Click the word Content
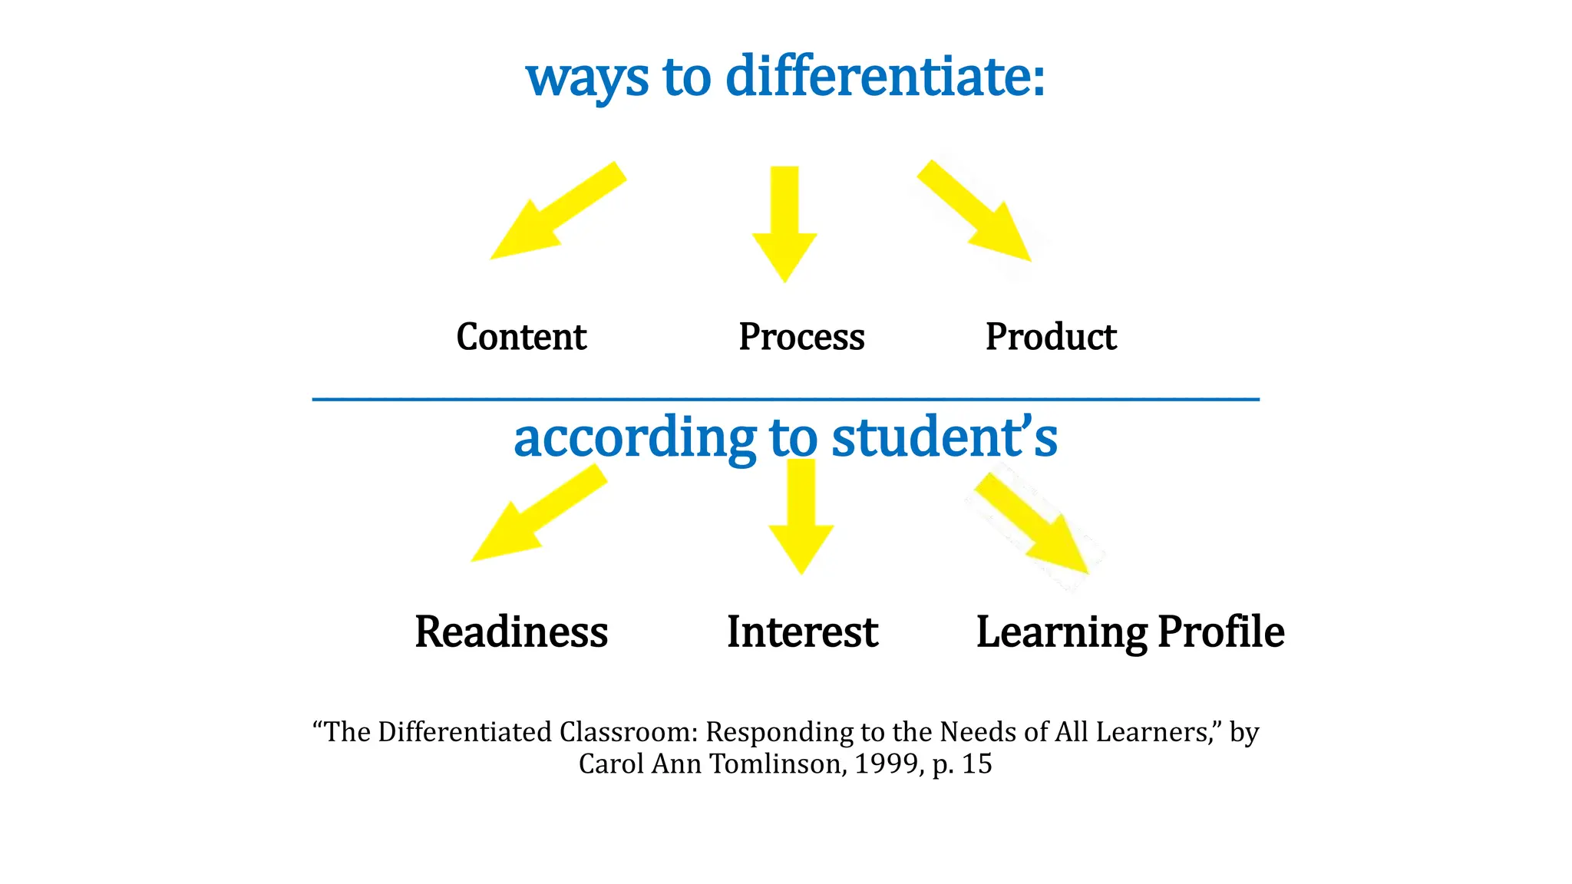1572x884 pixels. click(x=521, y=337)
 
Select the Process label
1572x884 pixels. click(x=801, y=337)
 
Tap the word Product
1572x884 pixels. click(x=1051, y=337)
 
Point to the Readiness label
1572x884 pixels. click(x=511, y=632)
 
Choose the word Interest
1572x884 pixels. click(x=802, y=632)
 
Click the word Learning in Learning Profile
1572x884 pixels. click(x=1061, y=633)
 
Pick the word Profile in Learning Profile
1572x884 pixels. click(x=1221, y=632)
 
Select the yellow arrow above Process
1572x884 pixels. click(x=784, y=223)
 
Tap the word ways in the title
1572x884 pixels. click(x=587, y=78)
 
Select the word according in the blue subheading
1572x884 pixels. click(x=635, y=437)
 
